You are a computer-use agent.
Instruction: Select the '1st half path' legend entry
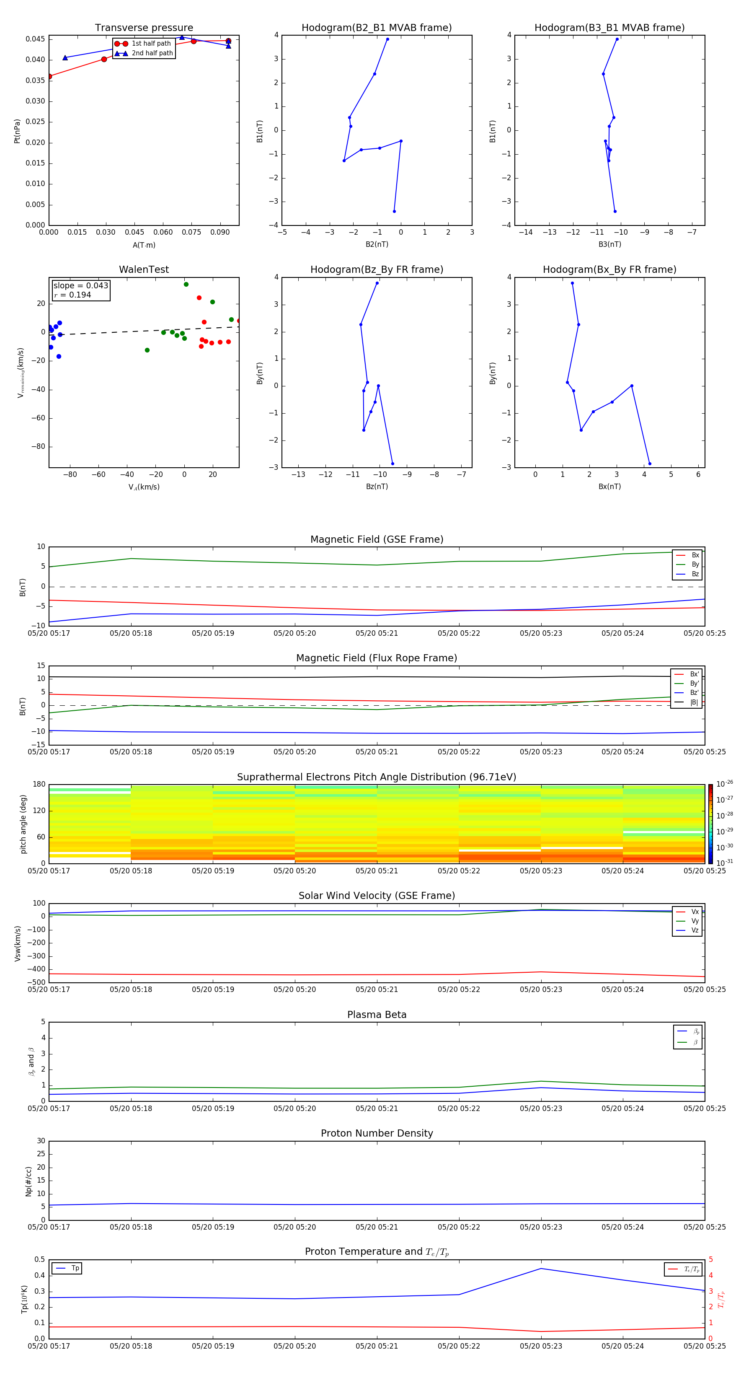(151, 44)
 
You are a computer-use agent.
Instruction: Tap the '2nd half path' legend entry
(152, 53)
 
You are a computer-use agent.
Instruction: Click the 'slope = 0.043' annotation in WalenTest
(80, 286)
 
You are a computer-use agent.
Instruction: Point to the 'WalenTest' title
(144, 269)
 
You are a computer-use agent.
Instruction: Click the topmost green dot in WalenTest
(186, 285)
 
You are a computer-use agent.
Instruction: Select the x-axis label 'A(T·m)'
(144, 245)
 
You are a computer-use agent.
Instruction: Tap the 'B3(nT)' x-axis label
(609, 244)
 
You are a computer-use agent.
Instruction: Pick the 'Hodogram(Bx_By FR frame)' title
(609, 269)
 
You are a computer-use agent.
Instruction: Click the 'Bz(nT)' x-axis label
(377, 487)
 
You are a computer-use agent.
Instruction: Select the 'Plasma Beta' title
(376, 1015)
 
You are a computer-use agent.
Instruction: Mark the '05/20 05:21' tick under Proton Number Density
(377, 1227)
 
